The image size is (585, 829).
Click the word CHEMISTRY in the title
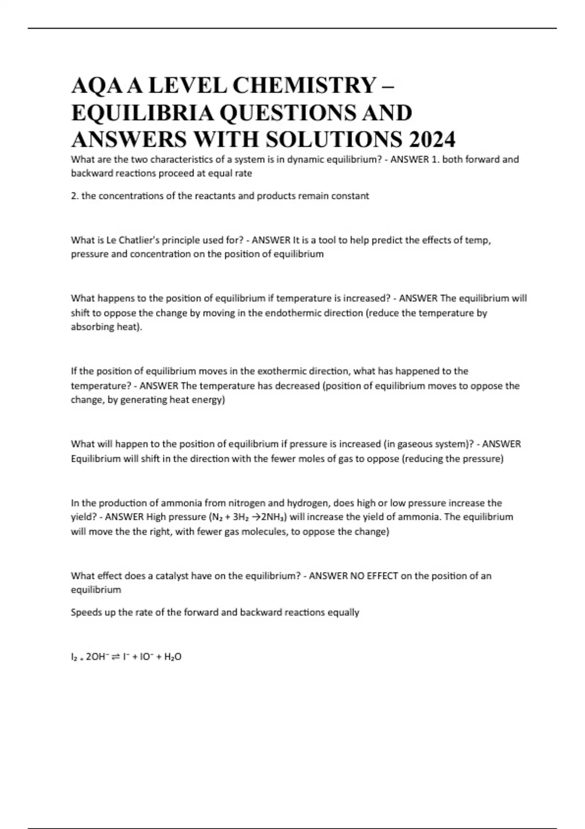(x=303, y=86)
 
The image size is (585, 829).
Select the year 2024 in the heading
(x=432, y=139)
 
